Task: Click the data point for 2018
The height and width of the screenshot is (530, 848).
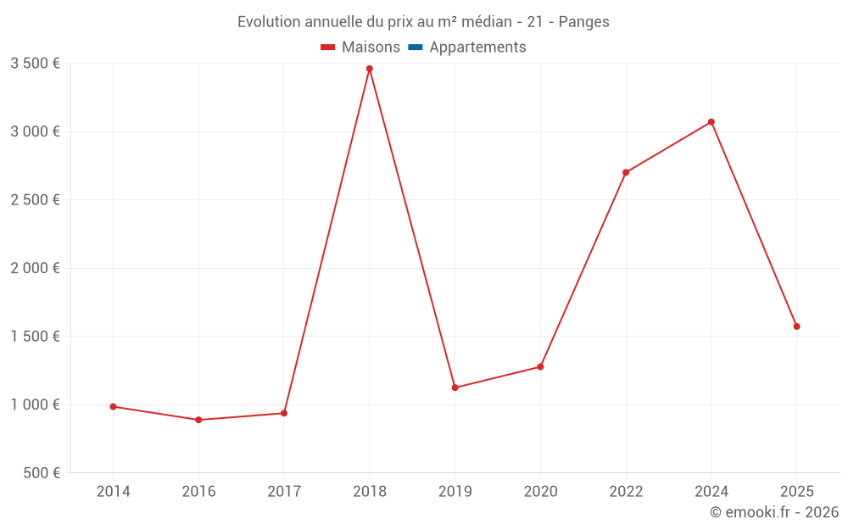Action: (x=369, y=69)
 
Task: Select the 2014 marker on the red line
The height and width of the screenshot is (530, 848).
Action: (x=113, y=406)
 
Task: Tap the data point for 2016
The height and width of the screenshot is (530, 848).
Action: (x=198, y=420)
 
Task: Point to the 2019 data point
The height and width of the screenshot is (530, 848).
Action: (x=455, y=388)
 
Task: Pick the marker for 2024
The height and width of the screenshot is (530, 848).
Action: (x=711, y=122)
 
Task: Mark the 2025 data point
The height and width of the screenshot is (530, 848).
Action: (x=796, y=326)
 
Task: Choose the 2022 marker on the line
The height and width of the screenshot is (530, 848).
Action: (x=626, y=172)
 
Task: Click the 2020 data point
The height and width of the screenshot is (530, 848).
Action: (x=540, y=367)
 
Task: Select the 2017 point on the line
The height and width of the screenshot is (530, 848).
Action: (x=284, y=413)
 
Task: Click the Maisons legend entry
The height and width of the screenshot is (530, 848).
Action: (x=360, y=47)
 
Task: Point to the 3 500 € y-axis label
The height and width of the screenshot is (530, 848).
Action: (x=35, y=63)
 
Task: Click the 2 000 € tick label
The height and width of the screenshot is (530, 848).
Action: (x=35, y=268)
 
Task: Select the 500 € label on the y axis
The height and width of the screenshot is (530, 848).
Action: (x=41, y=472)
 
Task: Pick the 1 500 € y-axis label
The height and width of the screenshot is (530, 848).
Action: (x=35, y=336)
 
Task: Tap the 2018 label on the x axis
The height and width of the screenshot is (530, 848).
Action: (x=369, y=492)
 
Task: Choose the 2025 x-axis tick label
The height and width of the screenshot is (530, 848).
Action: (x=796, y=492)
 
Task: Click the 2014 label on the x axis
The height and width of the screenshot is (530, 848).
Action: (x=113, y=492)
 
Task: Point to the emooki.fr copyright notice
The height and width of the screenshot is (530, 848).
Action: (x=773, y=512)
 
